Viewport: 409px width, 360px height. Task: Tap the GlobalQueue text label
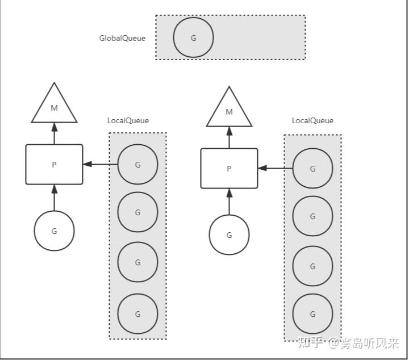(122, 38)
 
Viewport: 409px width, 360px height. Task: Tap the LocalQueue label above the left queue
(128, 120)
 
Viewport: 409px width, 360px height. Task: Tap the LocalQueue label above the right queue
(312, 120)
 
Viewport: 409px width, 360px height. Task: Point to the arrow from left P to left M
(55, 133)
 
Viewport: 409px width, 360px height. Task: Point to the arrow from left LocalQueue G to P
(101, 164)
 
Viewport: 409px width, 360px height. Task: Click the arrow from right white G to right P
(229, 202)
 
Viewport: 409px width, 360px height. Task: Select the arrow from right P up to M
(229, 137)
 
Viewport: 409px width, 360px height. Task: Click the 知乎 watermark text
(310, 342)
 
